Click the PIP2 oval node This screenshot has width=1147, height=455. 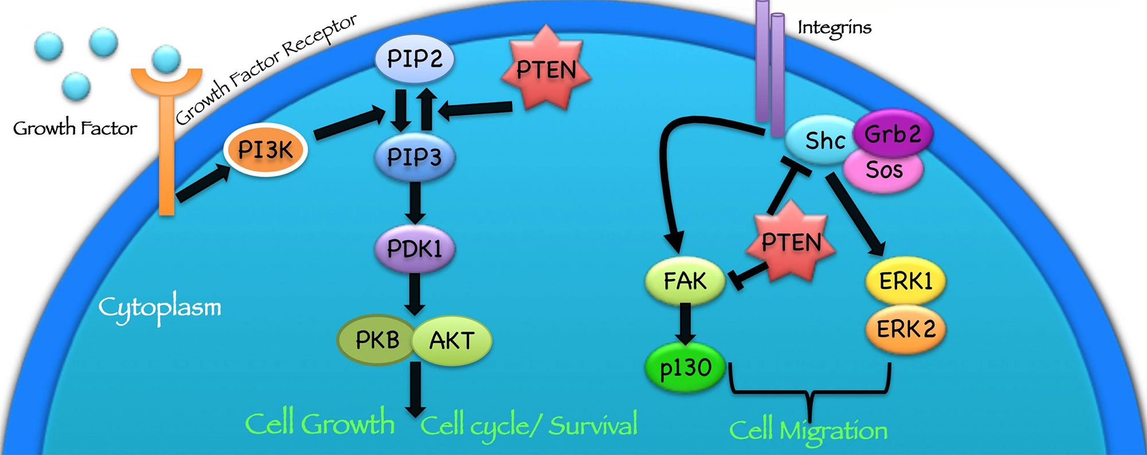[414, 59]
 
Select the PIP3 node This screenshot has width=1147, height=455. [414, 157]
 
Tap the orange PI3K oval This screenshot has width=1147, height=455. [266, 150]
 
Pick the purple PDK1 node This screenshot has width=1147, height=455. [414, 249]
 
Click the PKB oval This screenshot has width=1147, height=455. [377, 340]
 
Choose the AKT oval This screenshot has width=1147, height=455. [452, 340]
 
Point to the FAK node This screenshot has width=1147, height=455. [685, 281]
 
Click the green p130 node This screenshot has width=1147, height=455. [685, 368]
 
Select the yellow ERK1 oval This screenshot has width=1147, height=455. [906, 281]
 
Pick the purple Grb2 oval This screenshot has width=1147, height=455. [892, 134]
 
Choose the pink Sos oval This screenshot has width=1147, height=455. [884, 170]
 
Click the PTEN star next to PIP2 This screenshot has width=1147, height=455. [545, 69]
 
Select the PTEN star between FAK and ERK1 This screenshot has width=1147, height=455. [791, 242]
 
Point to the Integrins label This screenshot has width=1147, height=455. [834, 28]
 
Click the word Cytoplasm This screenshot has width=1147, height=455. [159, 308]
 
